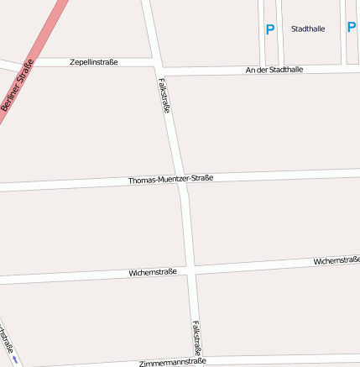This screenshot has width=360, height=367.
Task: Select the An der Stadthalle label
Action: [x=274, y=70]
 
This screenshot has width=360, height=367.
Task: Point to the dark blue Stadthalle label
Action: [x=308, y=29]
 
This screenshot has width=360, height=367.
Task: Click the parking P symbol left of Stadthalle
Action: [x=270, y=29]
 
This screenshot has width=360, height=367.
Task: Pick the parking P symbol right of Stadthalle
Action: [x=352, y=27]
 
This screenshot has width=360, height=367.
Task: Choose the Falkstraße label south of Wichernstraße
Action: [x=196, y=336]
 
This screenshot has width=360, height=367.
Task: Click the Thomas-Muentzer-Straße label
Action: [x=170, y=179]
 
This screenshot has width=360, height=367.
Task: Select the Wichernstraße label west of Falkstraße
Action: [x=153, y=273]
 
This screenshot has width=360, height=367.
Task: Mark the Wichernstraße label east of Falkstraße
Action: [x=337, y=261]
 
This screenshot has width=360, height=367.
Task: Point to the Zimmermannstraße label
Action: [x=172, y=362]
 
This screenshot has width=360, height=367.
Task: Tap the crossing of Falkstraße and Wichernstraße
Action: [x=192, y=270]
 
